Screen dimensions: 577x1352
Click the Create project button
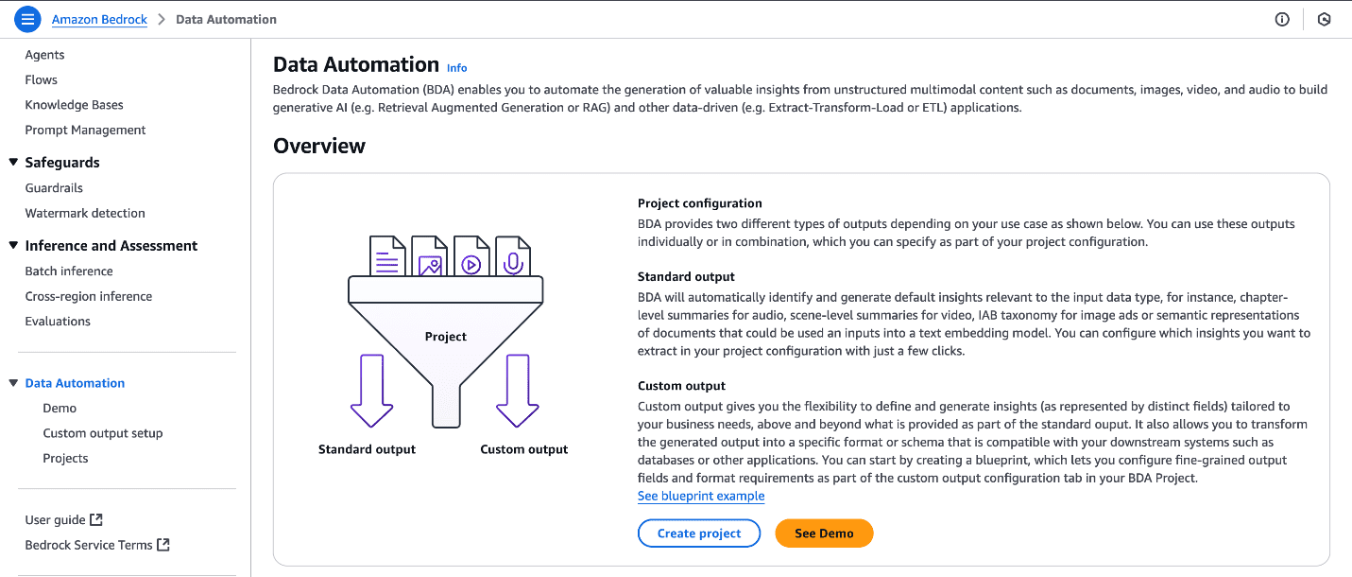[699, 533]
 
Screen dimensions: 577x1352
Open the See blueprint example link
[701, 497]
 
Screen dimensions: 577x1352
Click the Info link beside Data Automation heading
[457, 68]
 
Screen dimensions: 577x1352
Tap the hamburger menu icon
[27, 19]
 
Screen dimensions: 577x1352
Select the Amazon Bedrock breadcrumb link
[99, 19]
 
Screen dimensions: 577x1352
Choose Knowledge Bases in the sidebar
[74, 105]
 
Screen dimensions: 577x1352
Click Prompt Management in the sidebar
[85, 131]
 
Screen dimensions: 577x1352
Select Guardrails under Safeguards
[54, 188]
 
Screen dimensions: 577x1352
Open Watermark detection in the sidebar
[85, 214]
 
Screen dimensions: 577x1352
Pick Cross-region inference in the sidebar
[88, 297]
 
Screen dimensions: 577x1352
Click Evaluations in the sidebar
[58, 322]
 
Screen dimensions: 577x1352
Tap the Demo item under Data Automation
[60, 409]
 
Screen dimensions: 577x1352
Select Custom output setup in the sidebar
[102, 433]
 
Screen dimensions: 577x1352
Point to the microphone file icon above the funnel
[513, 256]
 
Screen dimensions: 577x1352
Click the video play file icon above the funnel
[471, 256]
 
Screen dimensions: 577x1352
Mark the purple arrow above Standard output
[371, 390]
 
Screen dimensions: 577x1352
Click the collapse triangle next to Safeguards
[13, 163]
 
